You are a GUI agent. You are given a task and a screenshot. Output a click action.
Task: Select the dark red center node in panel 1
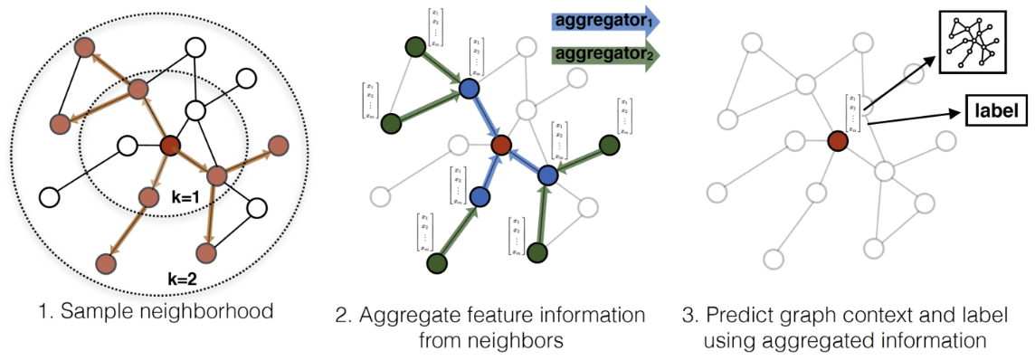point(169,145)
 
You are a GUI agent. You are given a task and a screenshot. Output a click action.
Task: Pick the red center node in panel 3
point(838,141)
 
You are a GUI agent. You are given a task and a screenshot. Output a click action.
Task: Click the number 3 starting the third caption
point(688,316)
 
